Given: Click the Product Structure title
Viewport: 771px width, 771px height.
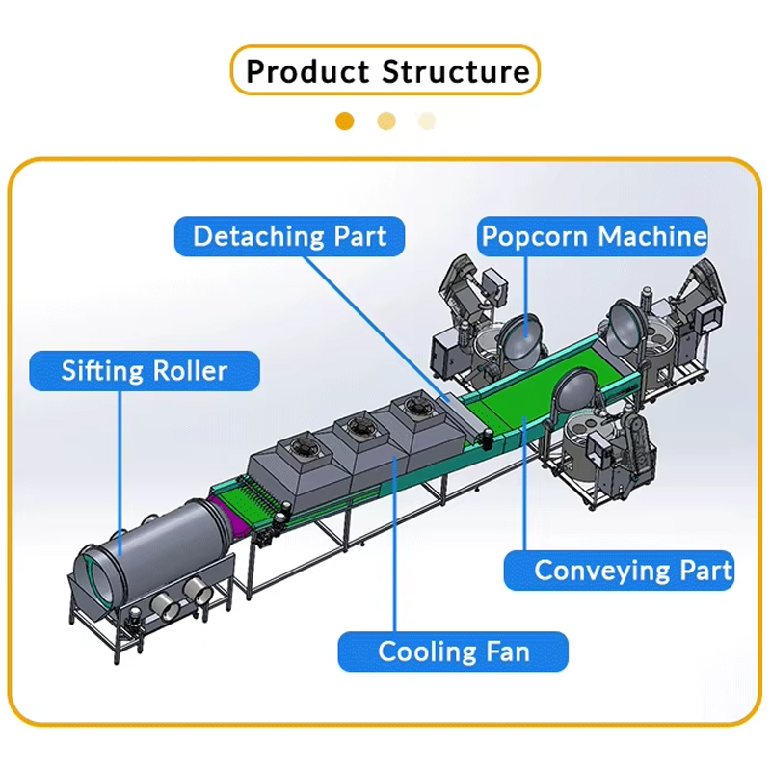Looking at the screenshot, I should [385, 71].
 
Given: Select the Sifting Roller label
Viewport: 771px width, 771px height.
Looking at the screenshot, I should [145, 371].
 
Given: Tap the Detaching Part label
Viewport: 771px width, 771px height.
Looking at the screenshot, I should [289, 236].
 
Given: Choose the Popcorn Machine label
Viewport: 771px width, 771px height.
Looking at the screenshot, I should [594, 236].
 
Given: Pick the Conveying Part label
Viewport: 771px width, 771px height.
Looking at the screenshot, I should [620, 570].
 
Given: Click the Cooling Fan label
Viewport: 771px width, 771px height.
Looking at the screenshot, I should [453, 651].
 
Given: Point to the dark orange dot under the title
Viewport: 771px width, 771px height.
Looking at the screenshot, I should [345, 121].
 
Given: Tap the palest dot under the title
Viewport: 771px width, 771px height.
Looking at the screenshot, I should [427, 121].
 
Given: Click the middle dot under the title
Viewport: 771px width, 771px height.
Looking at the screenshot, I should [386, 121].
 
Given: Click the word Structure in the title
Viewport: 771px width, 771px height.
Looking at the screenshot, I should [456, 71].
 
